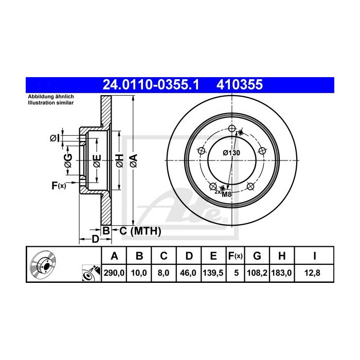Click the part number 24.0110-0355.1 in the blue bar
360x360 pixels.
click(x=151, y=85)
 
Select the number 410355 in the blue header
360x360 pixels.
click(x=240, y=85)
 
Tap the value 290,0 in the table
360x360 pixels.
click(x=114, y=273)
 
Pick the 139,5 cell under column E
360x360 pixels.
click(x=213, y=273)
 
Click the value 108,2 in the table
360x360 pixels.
click(x=257, y=273)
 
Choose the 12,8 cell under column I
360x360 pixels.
click(x=312, y=273)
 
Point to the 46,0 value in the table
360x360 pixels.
click(x=188, y=273)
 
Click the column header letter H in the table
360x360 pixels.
click(x=282, y=256)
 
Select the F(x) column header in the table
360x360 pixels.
click(x=236, y=256)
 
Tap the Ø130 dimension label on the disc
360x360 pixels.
click(x=231, y=153)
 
